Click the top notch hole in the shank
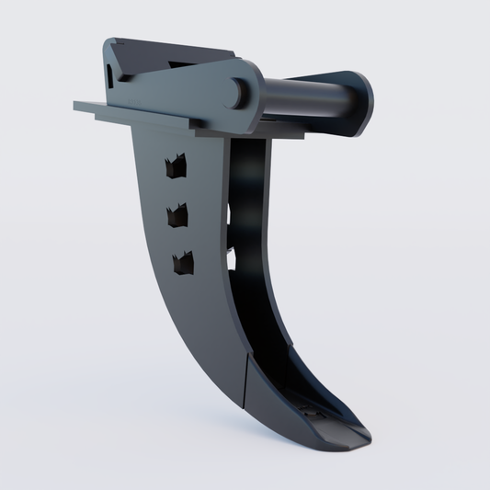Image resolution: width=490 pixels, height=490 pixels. click(x=172, y=166)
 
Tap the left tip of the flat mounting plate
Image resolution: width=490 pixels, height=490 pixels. click(x=77, y=106)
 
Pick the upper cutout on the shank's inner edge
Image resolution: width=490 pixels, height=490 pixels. click(x=229, y=212)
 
